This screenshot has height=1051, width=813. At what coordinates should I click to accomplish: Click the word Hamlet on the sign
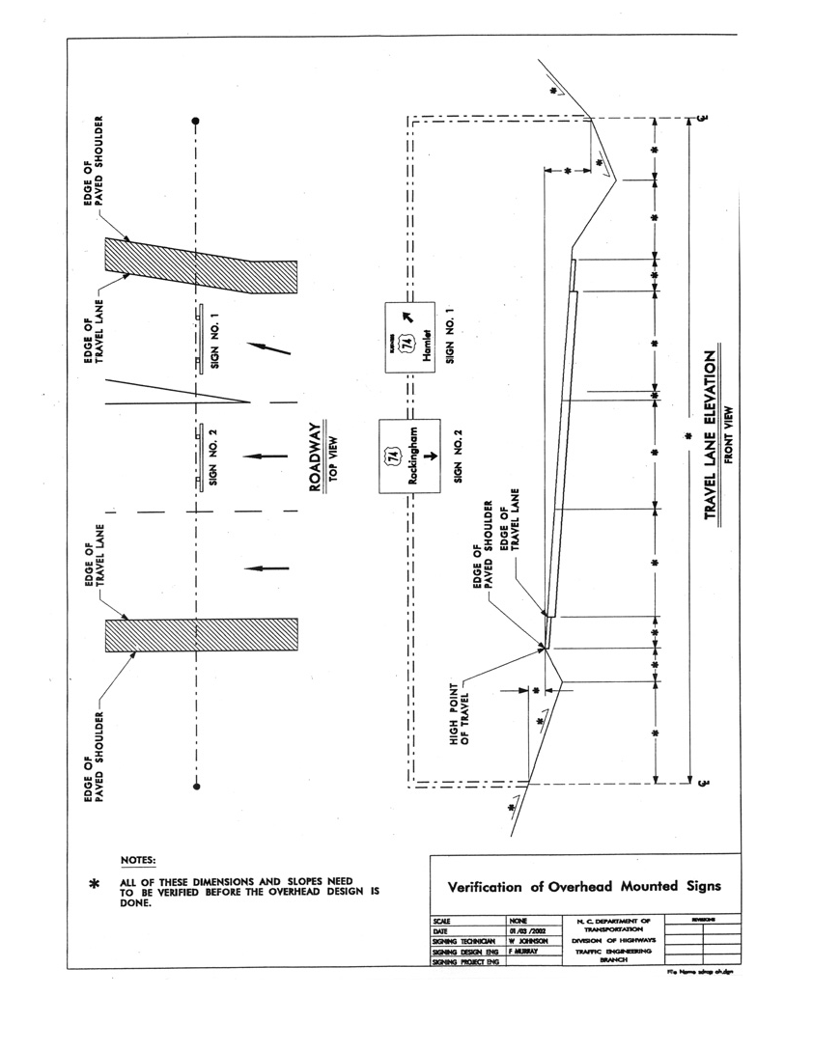(x=426, y=345)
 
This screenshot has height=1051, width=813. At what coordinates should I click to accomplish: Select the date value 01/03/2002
(x=527, y=930)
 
